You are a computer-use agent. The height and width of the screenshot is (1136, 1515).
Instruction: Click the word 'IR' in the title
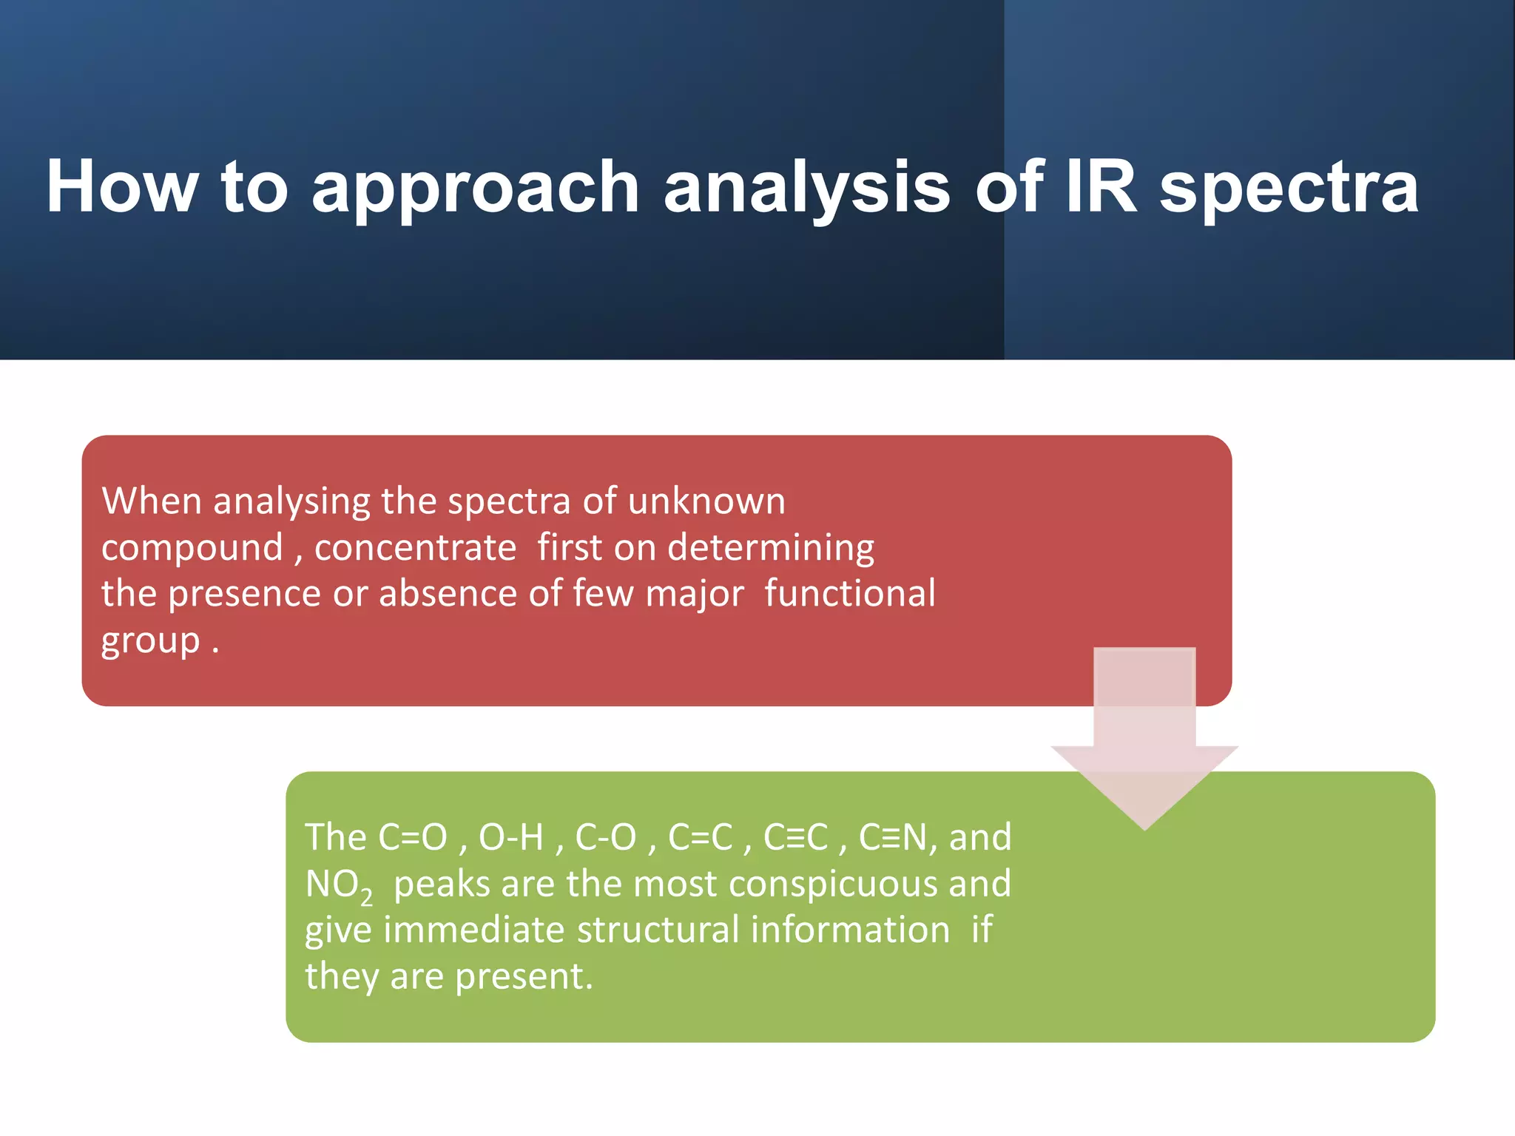1101,186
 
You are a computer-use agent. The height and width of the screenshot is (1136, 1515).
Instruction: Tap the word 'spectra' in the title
1289,191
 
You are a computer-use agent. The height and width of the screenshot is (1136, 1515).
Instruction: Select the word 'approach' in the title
476,191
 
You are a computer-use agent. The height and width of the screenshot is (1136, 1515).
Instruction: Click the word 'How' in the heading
122,186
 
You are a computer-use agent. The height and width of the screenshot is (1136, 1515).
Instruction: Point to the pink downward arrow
1144,740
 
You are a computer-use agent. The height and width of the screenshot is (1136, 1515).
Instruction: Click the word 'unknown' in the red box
706,501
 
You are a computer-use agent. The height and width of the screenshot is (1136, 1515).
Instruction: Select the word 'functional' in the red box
850,594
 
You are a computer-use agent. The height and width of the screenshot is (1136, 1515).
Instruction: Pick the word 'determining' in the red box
771,548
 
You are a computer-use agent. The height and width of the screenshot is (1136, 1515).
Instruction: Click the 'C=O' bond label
413,838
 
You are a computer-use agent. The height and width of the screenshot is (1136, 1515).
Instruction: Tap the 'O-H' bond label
511,838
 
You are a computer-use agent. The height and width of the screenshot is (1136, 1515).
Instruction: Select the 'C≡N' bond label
893,838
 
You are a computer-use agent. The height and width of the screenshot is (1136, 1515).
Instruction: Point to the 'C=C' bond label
700,838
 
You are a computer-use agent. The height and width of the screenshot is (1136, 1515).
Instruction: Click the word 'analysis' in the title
806,191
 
